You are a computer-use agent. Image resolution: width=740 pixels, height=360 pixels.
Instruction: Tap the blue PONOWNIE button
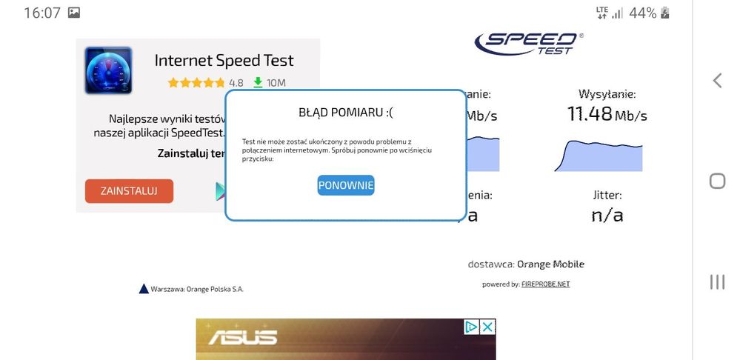pyautogui.click(x=346, y=185)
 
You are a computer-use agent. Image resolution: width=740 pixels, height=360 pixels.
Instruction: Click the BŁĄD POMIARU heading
pyautogui.click(x=346, y=113)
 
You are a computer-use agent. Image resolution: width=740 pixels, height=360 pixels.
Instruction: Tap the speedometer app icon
pyautogui.click(x=108, y=70)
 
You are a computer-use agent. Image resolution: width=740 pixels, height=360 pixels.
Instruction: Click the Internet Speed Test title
pyautogui.click(x=224, y=61)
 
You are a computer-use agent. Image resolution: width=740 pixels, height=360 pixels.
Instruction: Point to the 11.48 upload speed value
pyautogui.click(x=590, y=114)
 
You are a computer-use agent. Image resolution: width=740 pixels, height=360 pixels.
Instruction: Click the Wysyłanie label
pyautogui.click(x=607, y=94)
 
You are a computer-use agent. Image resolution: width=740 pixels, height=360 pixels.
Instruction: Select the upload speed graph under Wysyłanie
pyautogui.click(x=598, y=156)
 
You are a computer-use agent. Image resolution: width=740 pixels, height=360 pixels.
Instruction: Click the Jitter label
pyautogui.click(x=607, y=196)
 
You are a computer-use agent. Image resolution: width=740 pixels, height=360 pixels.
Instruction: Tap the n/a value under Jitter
pyautogui.click(x=607, y=216)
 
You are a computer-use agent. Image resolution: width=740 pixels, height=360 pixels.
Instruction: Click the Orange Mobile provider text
pyautogui.click(x=550, y=264)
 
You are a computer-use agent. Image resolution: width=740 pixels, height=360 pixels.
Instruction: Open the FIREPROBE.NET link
pyautogui.click(x=545, y=284)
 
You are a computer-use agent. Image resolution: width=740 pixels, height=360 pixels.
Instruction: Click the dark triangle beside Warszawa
pyautogui.click(x=144, y=289)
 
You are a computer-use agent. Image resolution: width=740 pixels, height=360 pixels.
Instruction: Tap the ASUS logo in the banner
pyautogui.click(x=242, y=338)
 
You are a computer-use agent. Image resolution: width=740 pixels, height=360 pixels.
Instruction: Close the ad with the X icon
pyautogui.click(x=487, y=327)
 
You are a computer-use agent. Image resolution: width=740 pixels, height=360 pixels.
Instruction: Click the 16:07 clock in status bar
pyautogui.click(x=41, y=13)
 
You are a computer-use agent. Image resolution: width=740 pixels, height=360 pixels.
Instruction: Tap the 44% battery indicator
pyautogui.click(x=642, y=13)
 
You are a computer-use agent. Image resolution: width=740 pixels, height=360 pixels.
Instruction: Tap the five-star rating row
pyautogui.click(x=196, y=83)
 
